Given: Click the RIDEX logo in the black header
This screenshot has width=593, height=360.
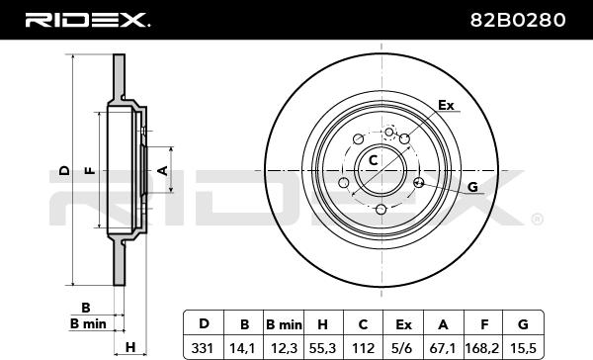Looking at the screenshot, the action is (x=87, y=20).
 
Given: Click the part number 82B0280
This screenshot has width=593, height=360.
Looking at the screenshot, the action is (x=518, y=20).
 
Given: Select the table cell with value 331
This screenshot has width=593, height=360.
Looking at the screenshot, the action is (x=203, y=347).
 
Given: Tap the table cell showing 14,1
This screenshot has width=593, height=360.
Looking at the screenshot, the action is (x=244, y=347).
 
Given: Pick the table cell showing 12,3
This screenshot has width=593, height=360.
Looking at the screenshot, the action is (x=284, y=347).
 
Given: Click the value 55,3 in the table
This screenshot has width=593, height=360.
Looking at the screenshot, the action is (x=323, y=347).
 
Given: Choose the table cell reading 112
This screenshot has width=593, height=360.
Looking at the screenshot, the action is (x=363, y=347).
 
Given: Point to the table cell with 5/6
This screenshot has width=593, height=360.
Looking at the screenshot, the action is (x=403, y=347).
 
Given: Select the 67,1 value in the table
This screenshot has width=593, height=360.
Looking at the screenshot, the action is (x=443, y=347).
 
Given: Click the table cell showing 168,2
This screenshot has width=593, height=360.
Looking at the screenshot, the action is (x=482, y=347).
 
